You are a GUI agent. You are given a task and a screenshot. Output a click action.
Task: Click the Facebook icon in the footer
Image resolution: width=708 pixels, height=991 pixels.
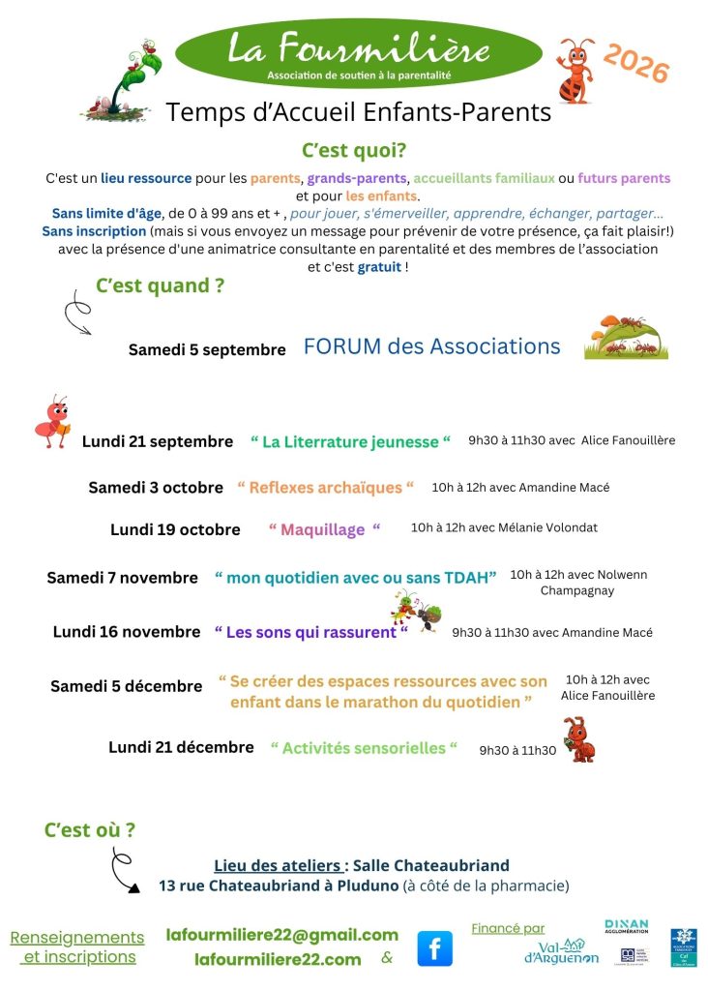[x=434, y=948]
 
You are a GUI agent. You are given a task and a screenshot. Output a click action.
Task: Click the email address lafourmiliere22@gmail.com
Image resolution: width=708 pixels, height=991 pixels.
[x=281, y=935]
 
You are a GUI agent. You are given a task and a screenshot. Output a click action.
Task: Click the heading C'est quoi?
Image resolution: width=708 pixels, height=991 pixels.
[x=354, y=151]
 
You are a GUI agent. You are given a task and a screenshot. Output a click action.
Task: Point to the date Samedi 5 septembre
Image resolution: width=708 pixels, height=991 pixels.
[x=207, y=350]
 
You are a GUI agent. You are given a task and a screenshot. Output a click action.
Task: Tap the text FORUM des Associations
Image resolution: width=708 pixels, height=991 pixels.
[x=431, y=346]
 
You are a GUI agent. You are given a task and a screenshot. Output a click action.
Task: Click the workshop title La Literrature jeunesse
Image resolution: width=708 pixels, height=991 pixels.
[x=351, y=441]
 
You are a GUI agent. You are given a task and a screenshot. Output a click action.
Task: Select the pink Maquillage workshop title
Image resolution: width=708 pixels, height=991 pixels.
[x=324, y=529]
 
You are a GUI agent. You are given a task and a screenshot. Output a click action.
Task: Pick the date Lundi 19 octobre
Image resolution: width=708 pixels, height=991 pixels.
[x=175, y=529]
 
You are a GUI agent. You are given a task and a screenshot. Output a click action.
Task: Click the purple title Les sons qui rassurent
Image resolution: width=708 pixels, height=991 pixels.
[x=310, y=632]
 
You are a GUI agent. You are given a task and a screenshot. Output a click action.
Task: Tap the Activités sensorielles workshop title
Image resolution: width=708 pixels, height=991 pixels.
[x=364, y=748]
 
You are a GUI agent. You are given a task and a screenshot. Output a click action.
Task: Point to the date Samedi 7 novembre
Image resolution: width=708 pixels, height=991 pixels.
[x=122, y=578]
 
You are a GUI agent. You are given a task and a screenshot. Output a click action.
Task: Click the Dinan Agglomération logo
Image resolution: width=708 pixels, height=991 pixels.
[x=626, y=927]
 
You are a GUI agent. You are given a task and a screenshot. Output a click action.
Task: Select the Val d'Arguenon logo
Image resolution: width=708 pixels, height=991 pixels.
[x=562, y=952]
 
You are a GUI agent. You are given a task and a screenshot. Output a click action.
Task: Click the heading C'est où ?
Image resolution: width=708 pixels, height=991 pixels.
[x=90, y=829]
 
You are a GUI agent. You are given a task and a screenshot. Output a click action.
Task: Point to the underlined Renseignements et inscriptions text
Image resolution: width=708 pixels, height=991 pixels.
[x=77, y=947]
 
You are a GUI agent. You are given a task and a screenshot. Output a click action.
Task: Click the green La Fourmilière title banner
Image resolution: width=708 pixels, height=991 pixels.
[x=359, y=53]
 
